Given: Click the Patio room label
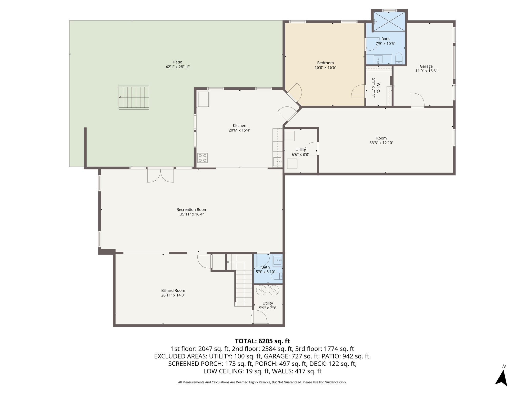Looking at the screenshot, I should tap(177, 62).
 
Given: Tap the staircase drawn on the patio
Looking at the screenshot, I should tap(134, 97).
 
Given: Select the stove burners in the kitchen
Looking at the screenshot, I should tap(202, 158).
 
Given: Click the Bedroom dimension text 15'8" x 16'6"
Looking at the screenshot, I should tap(325, 68).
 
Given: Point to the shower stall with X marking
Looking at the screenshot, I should tap(389, 21).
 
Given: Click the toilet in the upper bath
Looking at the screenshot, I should tap(399, 59).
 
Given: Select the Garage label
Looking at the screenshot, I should tap(426, 66).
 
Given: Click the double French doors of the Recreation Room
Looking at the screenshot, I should tap(160, 176).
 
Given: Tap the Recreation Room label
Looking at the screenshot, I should tap(192, 210).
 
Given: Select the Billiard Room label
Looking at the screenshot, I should tap(173, 290).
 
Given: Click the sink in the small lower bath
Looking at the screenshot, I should tap(278, 260).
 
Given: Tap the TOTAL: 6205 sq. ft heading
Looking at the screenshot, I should tap(262, 341).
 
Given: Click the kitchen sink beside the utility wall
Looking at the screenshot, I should tap(278, 162).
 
